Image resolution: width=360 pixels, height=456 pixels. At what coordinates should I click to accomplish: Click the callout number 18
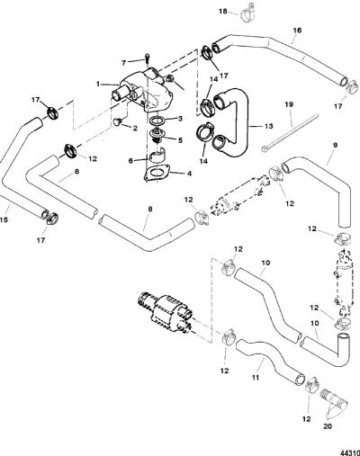[223, 12]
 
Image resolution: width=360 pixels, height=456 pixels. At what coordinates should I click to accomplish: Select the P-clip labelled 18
[247, 13]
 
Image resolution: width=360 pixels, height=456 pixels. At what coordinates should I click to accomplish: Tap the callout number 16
[297, 31]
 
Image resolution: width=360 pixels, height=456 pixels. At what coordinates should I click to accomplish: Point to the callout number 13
[269, 126]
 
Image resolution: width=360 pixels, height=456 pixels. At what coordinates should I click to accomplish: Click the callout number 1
[98, 85]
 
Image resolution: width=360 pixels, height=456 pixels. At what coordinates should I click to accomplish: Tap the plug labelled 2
[119, 121]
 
